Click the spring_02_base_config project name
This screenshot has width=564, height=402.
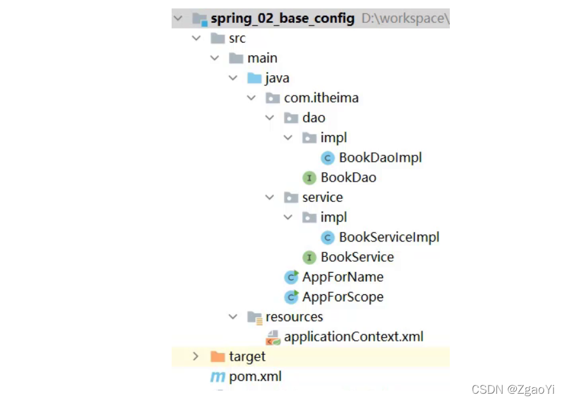(x=283, y=18)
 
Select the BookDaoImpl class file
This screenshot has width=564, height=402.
(x=380, y=157)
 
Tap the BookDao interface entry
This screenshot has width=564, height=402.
(x=348, y=178)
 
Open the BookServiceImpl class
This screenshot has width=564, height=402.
(x=389, y=238)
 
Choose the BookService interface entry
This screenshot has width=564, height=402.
(x=357, y=257)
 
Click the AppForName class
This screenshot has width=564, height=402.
(x=343, y=277)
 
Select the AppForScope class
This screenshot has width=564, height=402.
(x=343, y=297)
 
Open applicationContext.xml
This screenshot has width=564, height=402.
(x=353, y=337)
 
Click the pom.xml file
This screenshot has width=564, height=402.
(x=255, y=377)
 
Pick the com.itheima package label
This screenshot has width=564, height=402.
(x=321, y=98)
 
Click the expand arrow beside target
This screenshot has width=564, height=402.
(x=196, y=357)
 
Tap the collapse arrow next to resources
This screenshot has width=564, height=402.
(x=233, y=317)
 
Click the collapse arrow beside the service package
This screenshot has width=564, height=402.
(x=270, y=197)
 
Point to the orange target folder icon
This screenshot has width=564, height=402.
(x=218, y=357)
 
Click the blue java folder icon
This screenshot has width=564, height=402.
(x=255, y=78)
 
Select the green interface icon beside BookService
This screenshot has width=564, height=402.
(x=309, y=257)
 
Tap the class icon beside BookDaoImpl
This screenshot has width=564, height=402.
(x=328, y=157)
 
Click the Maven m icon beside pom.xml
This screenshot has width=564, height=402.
(x=218, y=377)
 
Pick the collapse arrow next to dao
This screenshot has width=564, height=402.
(x=270, y=118)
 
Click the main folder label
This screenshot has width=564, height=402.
(x=262, y=58)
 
